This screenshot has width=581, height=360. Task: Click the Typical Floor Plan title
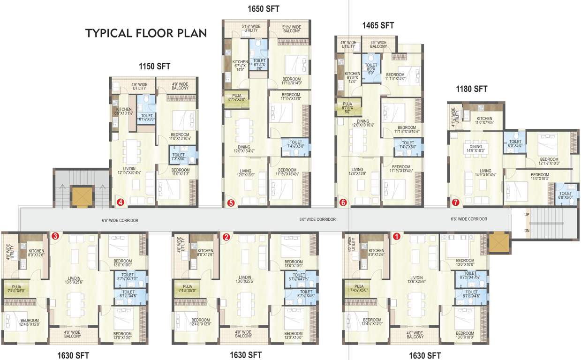pyautogui.click(x=146, y=34)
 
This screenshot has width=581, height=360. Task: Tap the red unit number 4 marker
pyautogui.click(x=121, y=202)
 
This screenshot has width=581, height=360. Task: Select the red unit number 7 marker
pyautogui.click(x=456, y=202)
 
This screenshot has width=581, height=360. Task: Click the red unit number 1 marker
pyautogui.click(x=397, y=237)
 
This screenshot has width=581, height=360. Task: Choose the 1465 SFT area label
pyautogui.click(x=378, y=25)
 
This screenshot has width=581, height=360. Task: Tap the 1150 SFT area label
pyautogui.click(x=154, y=66)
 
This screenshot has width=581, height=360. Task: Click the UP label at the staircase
pyautogui.click(x=527, y=215)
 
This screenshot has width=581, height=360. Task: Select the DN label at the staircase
pyautogui.click(x=527, y=231)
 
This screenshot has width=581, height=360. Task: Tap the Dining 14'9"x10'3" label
pyautogui.click(x=475, y=149)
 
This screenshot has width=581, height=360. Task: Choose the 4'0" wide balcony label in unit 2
pyautogui.click(x=243, y=334)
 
